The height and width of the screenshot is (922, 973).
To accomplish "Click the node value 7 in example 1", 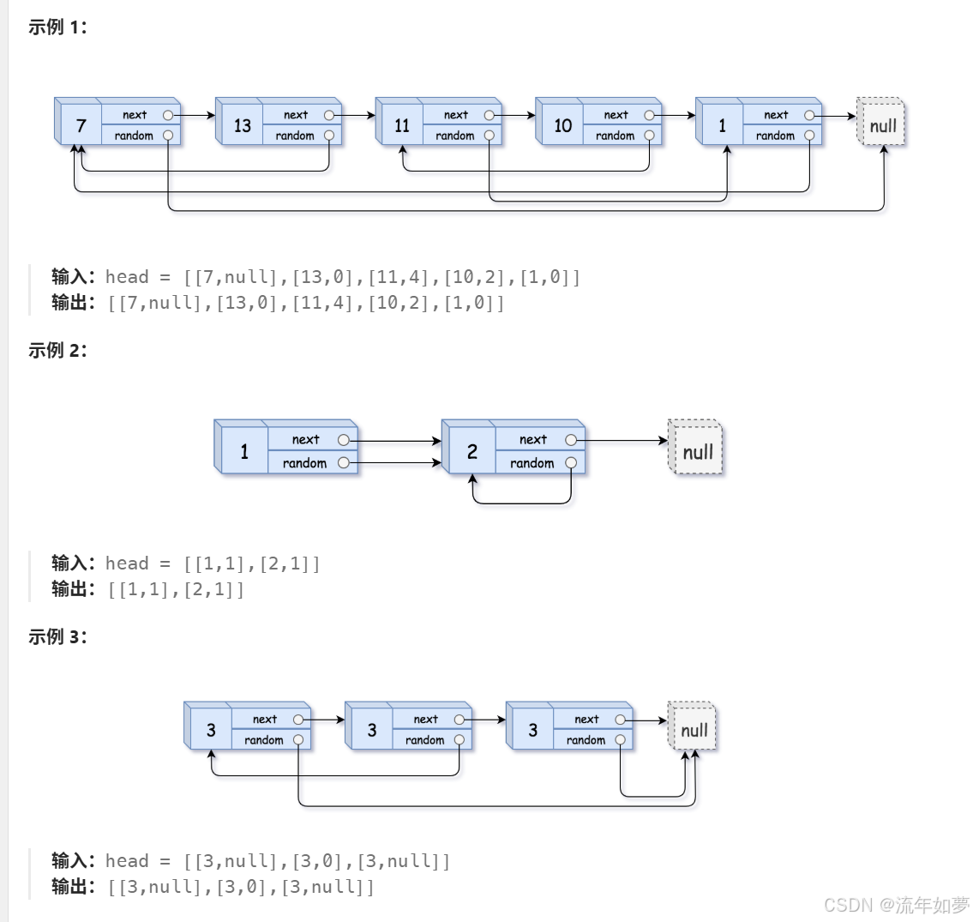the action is [81, 126].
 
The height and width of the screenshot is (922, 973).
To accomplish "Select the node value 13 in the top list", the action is [242, 126].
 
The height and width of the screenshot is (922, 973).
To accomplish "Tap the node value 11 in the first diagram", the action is [402, 126].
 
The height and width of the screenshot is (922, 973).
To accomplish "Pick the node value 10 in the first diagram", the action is [563, 126].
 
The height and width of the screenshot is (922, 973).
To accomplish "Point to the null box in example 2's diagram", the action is [695, 448].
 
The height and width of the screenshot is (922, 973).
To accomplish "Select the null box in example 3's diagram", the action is [693, 726].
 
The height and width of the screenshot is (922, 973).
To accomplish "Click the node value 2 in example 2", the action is [472, 451].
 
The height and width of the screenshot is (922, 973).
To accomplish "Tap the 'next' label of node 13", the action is [296, 115].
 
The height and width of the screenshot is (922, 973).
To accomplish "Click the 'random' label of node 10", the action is [615, 136].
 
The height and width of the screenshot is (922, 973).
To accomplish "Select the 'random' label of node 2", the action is [532, 463].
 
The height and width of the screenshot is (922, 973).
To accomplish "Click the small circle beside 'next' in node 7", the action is [167, 115].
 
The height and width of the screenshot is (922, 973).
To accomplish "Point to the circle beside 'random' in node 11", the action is [489, 136].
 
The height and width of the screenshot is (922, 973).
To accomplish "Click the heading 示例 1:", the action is [57, 27].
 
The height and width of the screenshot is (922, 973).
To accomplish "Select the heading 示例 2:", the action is [57, 350].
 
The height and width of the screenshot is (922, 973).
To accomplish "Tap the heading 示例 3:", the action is [57, 636].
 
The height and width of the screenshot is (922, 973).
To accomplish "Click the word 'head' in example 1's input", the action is [127, 277].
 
